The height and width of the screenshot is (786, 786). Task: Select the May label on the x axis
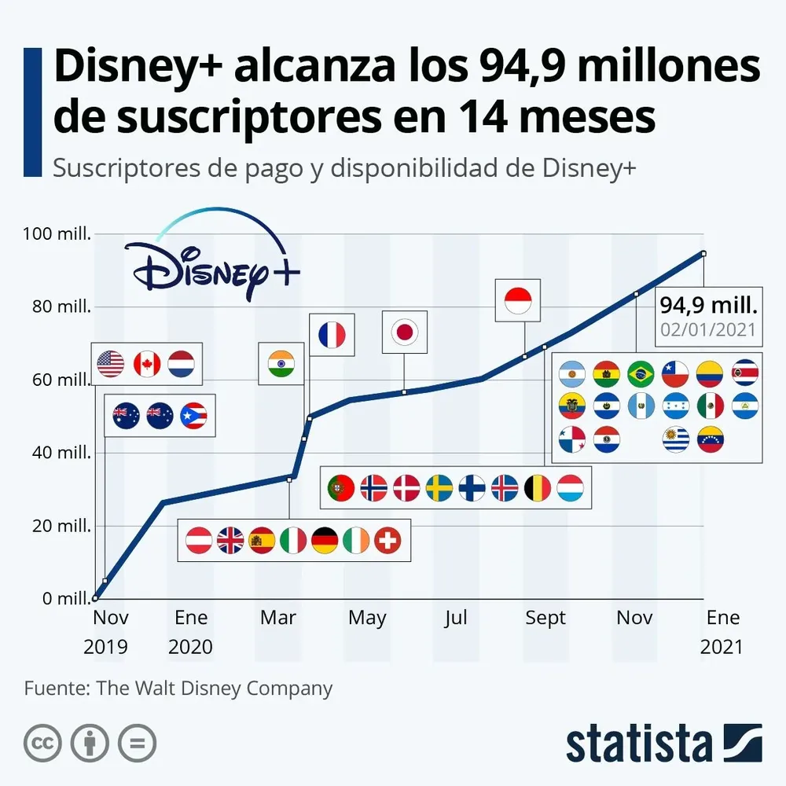[x=367, y=618]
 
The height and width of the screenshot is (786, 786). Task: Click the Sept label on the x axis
[x=545, y=618]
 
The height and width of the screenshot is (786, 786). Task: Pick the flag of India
[x=281, y=364]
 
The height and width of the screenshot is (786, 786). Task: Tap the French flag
[x=331, y=336]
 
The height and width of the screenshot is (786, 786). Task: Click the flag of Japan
[x=405, y=332]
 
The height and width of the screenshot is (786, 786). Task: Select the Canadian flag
[x=147, y=363]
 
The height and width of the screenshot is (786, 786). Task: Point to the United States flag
[x=111, y=363]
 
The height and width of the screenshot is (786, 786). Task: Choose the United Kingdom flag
[x=230, y=540]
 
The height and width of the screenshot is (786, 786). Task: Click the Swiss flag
[x=387, y=540]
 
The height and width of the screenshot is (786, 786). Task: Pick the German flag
[x=325, y=540]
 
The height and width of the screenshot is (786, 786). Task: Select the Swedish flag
[x=439, y=488]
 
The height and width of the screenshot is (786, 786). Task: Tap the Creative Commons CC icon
[x=42, y=743]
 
